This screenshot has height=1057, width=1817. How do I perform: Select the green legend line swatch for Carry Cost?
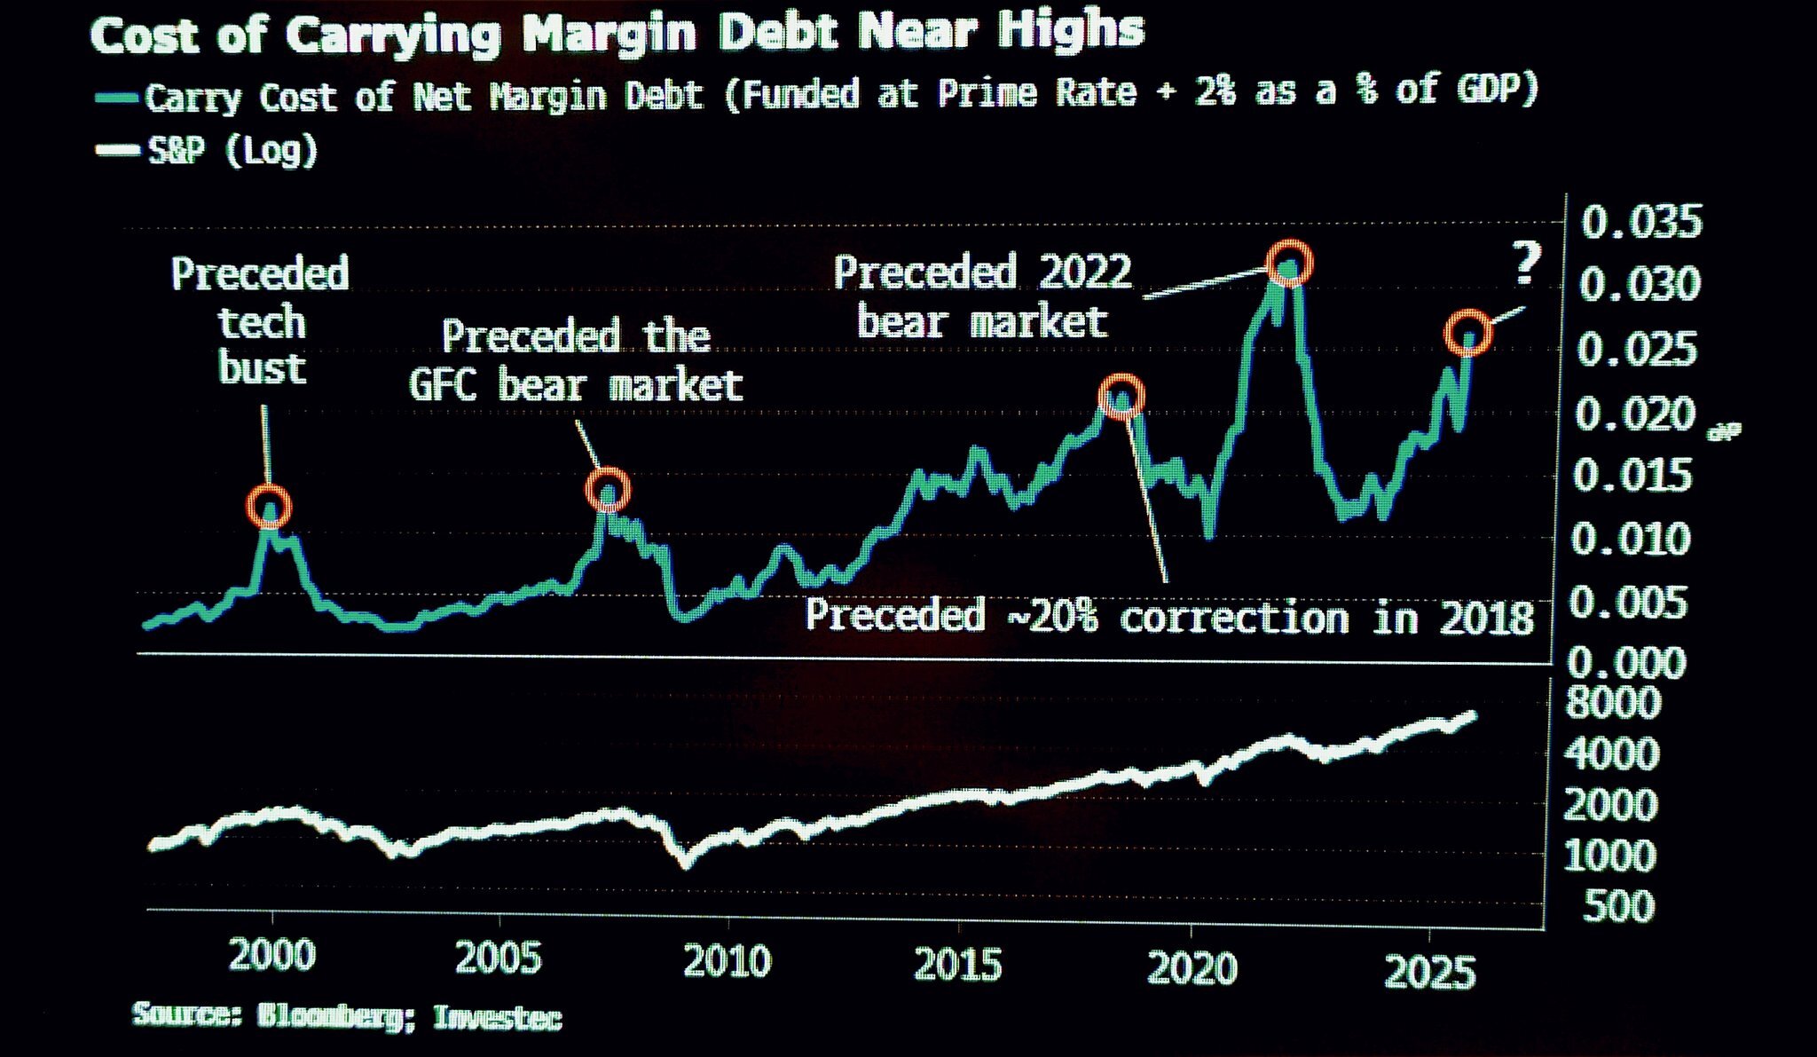click(x=118, y=99)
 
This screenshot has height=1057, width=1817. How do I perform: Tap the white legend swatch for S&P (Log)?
click(x=118, y=151)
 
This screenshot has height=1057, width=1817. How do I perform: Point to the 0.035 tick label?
click(x=1641, y=222)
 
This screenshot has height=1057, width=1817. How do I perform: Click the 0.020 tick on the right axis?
click(x=1634, y=414)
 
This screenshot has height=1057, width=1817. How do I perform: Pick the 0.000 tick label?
click(x=1627, y=663)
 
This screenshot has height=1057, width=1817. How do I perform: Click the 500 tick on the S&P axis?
click(x=1618, y=907)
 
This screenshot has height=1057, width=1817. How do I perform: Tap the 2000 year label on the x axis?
click(x=271, y=956)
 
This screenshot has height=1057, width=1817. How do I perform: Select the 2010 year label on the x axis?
click(x=728, y=961)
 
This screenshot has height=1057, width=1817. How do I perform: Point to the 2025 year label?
click(x=1429, y=973)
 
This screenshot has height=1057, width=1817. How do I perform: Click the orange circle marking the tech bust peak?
click(x=268, y=507)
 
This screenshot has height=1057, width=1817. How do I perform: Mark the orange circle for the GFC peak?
click(x=608, y=490)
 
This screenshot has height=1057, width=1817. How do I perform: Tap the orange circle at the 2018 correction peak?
click(x=1121, y=396)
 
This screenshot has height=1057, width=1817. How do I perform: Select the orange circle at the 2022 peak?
click(x=1289, y=264)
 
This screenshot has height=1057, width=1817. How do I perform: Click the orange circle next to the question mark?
click(x=1468, y=333)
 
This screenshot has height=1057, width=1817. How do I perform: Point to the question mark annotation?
click(x=1526, y=264)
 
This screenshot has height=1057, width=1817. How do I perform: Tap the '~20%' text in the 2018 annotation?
click(x=1052, y=616)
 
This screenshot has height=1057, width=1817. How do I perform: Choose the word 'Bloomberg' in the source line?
click(x=329, y=1015)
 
